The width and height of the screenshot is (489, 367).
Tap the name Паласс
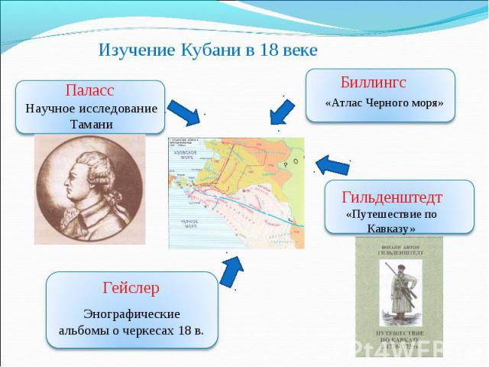coord(90,91)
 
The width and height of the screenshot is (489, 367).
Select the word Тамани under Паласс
coord(91,124)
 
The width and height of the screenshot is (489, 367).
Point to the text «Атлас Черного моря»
coord(384,102)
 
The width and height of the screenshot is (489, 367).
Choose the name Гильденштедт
coord(393,196)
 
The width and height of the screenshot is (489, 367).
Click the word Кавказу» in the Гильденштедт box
coord(390,229)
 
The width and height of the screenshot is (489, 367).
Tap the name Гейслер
coord(131,288)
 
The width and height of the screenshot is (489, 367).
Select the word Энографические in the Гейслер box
coord(131,314)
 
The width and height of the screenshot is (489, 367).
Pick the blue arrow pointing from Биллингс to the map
coord(282,112)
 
